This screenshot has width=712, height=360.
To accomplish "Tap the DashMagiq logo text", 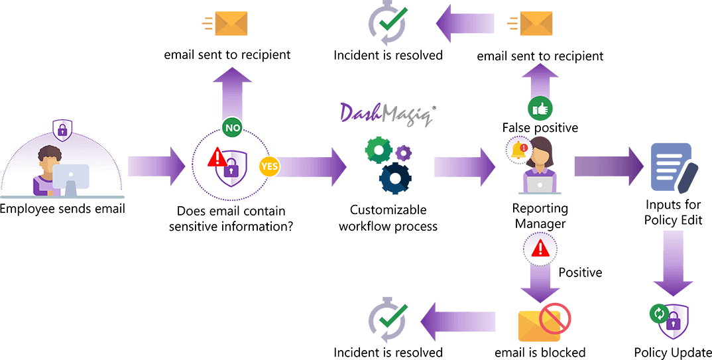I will (386, 114).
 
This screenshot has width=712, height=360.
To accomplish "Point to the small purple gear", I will (404, 153).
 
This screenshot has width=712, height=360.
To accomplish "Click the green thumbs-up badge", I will (540, 108).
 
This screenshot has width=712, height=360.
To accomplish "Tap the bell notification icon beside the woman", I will (518, 150).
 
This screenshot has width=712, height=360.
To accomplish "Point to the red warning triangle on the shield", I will (217, 158).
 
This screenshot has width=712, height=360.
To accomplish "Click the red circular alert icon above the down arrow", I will (540, 248).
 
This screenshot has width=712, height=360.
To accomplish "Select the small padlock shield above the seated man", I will (62, 129).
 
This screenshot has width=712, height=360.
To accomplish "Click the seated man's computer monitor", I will (70, 178).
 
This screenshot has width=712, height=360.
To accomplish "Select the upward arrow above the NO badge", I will (233, 93).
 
